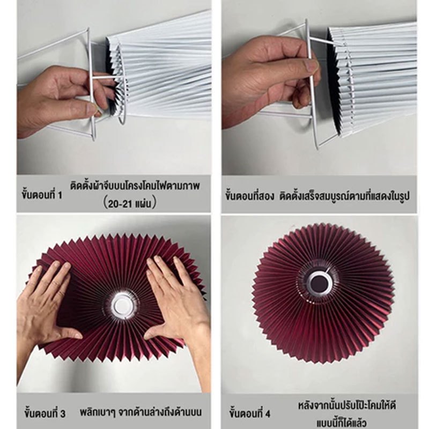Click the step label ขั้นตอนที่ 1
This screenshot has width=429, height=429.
(42, 195)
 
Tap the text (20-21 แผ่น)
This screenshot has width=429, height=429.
(130, 203)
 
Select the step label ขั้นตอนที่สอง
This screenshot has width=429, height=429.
(249, 196)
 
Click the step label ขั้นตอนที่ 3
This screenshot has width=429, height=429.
(45, 412)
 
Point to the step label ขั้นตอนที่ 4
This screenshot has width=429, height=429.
(250, 412)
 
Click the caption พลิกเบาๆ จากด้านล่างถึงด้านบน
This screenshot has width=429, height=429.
(141, 412)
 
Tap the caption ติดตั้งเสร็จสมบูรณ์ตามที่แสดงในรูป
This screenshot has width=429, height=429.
(344, 196)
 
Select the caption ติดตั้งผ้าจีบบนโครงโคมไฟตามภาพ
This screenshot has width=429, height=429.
(135, 186)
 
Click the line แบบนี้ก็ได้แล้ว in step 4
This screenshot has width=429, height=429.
(342, 423)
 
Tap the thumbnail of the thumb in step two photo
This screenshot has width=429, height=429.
(312, 66)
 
